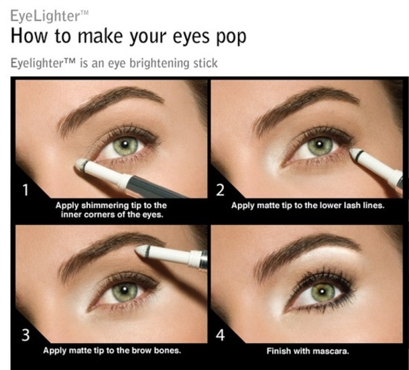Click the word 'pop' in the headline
(231, 36)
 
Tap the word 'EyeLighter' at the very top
(45, 15)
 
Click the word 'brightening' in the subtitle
(160, 64)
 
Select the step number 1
(25, 190)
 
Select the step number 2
(221, 190)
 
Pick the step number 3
(25, 335)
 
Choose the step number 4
(221, 335)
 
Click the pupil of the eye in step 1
(125, 145)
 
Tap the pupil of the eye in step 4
(322, 292)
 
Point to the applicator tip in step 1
(82, 164)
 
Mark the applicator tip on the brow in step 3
(141, 251)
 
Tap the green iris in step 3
(125, 292)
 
